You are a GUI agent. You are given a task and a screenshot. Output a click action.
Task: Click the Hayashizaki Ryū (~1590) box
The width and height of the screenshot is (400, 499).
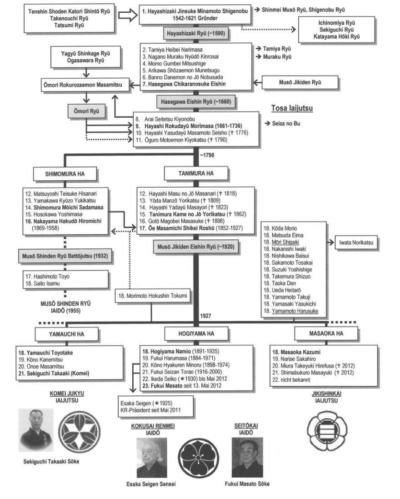pos(196,33)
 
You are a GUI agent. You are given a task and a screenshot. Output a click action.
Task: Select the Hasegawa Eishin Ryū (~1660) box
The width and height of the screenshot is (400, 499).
pos(196,102)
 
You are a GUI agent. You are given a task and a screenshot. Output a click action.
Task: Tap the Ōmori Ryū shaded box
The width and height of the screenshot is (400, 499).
pos(86,111)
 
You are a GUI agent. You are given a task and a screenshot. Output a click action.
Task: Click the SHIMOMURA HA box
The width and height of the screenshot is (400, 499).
pos(65,174)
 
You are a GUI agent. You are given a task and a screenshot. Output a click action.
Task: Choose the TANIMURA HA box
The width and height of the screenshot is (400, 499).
pos(196,173)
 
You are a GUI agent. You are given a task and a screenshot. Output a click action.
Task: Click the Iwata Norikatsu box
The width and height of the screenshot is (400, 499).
pos(356,242)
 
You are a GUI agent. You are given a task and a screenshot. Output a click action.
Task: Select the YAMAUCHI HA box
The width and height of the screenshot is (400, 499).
pos(66,334)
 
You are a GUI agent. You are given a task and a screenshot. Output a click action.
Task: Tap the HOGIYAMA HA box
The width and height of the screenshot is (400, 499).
pos(196,333)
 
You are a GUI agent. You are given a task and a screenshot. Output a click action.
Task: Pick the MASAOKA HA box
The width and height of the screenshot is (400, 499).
pos(326,333)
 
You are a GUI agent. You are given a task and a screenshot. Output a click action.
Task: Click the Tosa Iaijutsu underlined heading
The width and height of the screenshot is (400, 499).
pos(292,108)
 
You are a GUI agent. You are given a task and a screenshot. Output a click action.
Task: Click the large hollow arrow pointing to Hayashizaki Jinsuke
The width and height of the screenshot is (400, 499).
pos(128,15)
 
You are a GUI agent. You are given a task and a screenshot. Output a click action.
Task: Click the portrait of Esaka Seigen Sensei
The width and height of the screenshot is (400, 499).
pos(152,457)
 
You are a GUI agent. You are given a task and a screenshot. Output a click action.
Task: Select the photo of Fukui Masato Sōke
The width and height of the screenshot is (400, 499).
pos(247,457)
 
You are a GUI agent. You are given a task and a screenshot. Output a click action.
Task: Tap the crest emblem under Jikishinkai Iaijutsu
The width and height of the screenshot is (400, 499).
pos(327,431)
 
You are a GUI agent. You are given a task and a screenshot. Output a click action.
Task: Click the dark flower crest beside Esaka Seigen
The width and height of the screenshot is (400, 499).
pos(199,458)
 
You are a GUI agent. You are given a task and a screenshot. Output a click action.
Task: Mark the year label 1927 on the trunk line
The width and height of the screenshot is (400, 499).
pos(206,316)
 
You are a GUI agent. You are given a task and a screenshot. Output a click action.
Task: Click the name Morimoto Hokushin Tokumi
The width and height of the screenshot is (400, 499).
pos(153,296)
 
